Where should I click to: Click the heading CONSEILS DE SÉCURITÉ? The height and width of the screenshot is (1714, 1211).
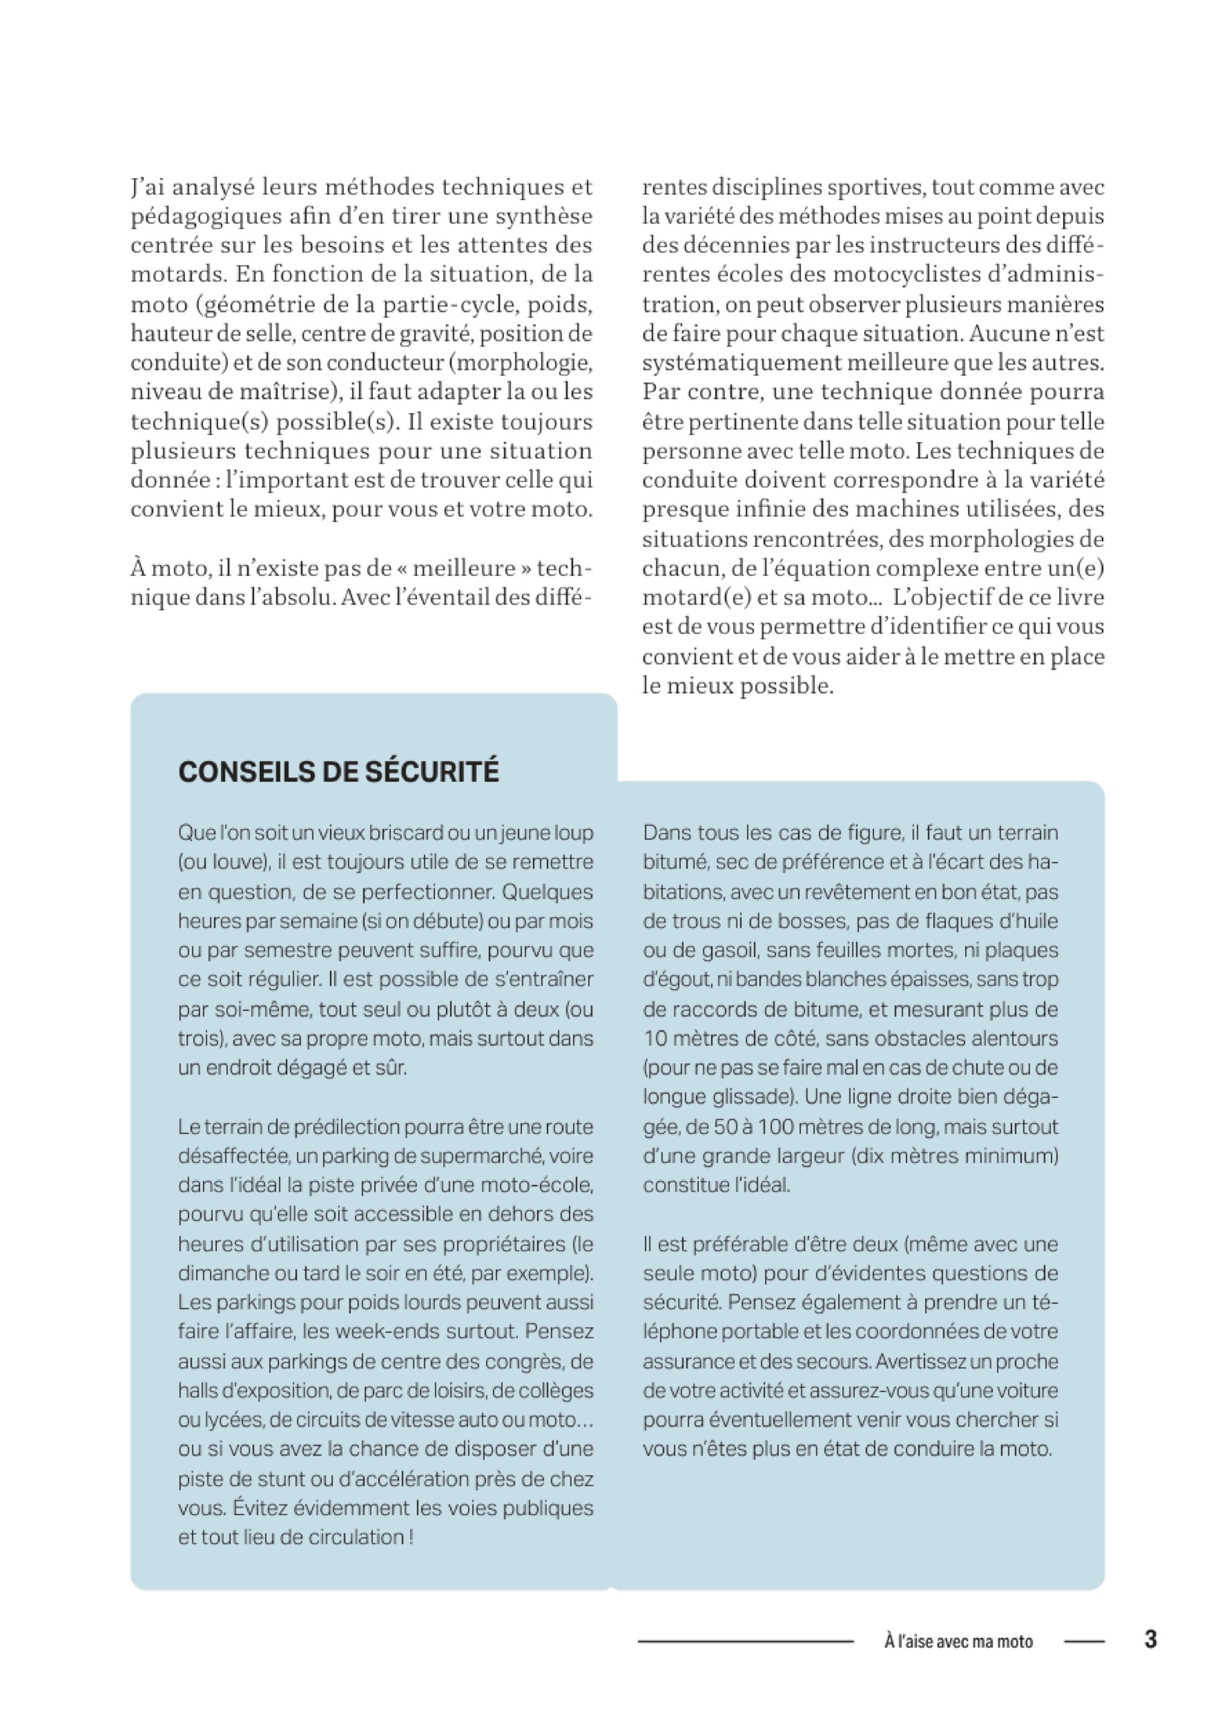pyautogui.click(x=338, y=771)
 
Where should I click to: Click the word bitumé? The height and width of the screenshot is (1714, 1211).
pyautogui.click(x=675, y=862)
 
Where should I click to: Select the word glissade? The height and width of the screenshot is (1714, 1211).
pyautogui.click(x=750, y=1097)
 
